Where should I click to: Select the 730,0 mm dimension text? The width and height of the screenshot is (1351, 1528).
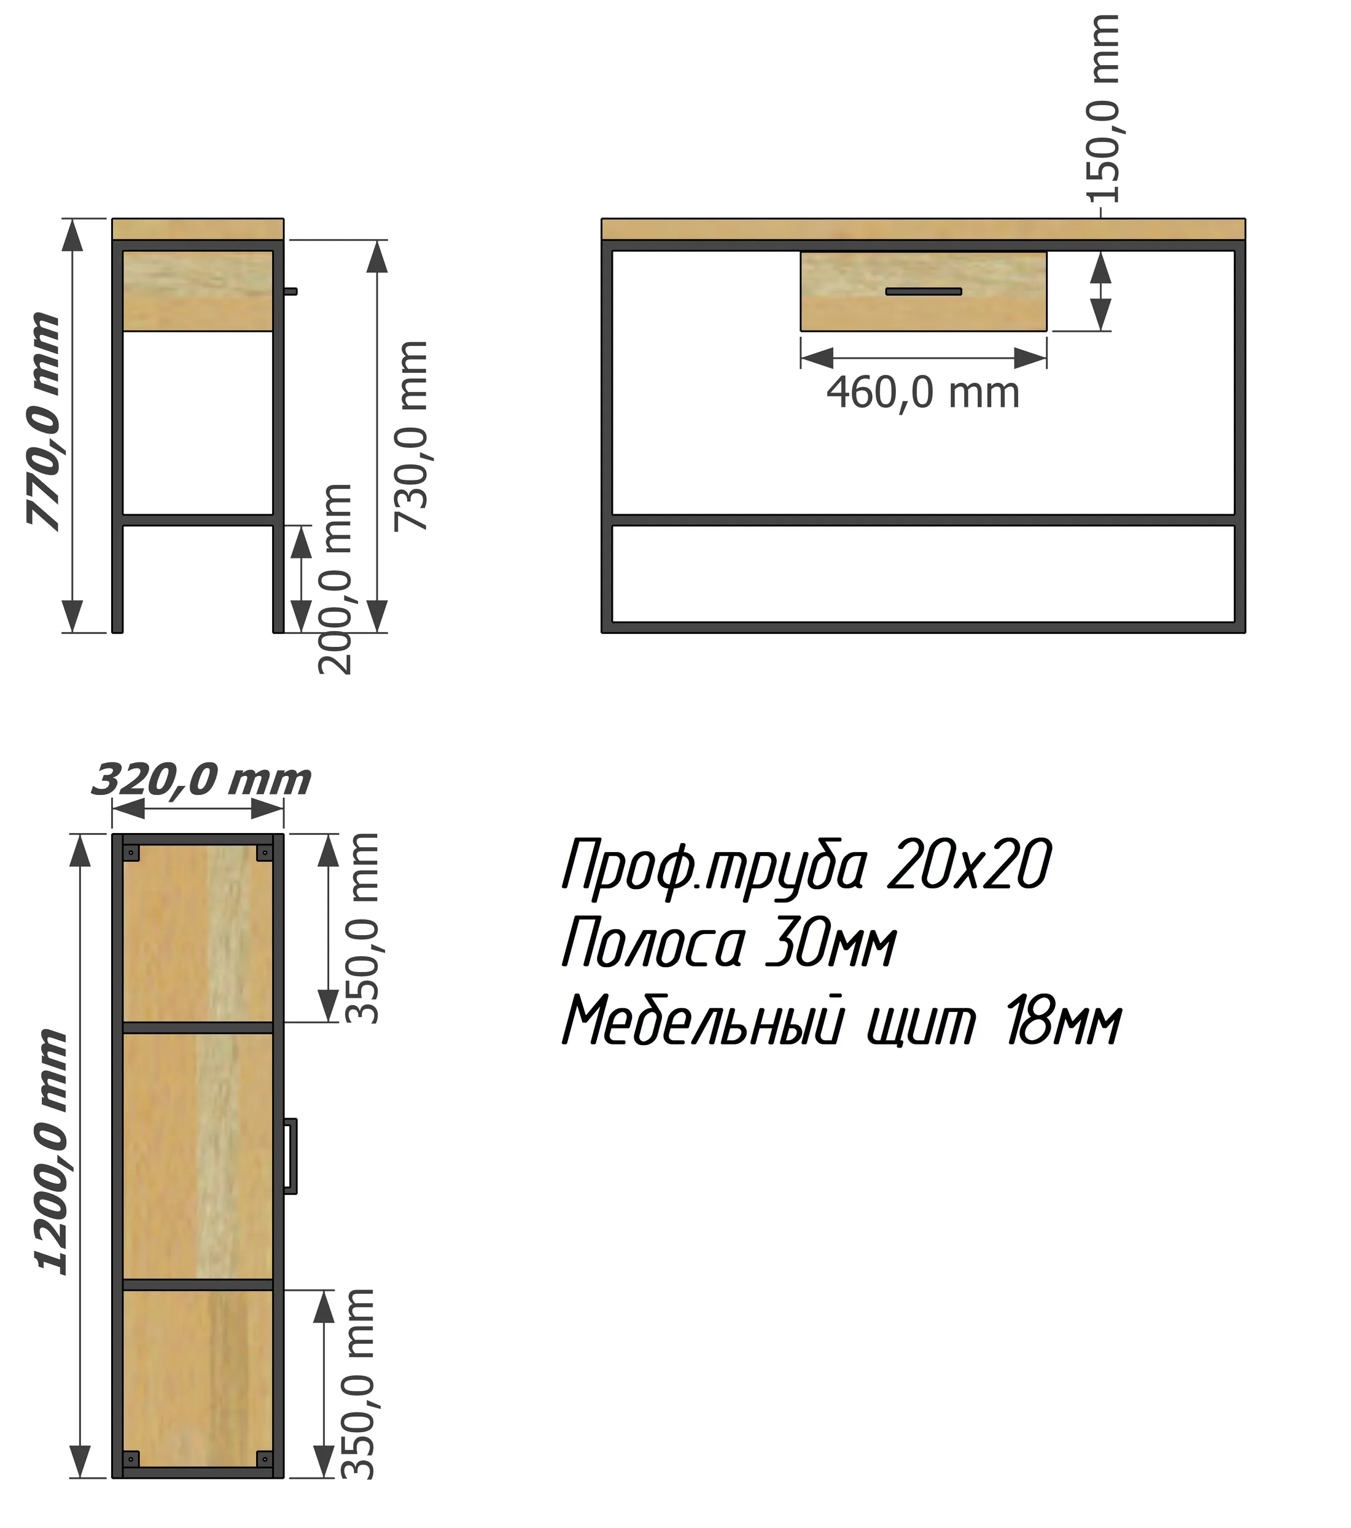[411, 436]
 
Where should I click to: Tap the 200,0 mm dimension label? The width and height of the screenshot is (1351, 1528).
[335, 579]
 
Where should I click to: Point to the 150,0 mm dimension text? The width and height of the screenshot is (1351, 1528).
[1103, 108]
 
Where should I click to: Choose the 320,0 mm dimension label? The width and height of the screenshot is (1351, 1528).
[201, 780]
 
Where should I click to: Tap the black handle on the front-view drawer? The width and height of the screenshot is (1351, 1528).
[924, 291]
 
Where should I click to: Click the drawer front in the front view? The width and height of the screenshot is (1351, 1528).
[924, 291]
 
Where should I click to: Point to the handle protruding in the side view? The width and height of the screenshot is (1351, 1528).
[290, 291]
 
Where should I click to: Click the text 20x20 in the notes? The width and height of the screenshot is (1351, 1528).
[969, 865]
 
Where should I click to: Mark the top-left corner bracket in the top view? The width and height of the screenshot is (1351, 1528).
[132, 853]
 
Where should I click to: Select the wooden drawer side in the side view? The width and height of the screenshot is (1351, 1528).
[197, 291]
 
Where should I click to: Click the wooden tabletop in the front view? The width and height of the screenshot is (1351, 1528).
[924, 229]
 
